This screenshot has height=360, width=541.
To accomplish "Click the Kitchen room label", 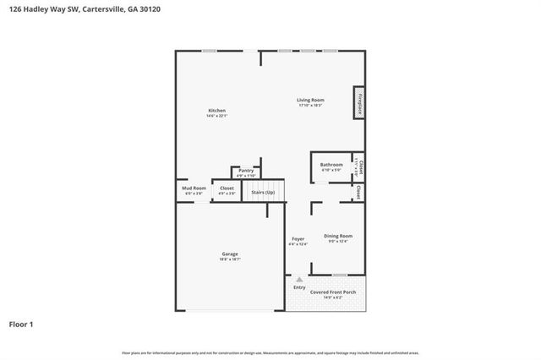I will (x=217, y=111).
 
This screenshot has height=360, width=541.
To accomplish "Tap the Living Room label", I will (x=311, y=100).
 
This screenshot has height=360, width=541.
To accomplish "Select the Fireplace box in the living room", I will (x=358, y=102).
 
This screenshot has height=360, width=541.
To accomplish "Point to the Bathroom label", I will (x=331, y=164).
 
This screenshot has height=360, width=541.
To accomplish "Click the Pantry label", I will (x=246, y=171).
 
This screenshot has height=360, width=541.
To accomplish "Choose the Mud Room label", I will (x=194, y=188).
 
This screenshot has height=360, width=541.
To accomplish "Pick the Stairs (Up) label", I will (x=263, y=193).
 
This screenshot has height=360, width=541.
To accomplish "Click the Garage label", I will (x=230, y=254).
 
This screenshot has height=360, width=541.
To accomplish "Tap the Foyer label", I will (x=298, y=239).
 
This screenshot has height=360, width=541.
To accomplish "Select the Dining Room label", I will (x=338, y=236).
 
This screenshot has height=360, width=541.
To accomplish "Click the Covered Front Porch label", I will (x=333, y=292).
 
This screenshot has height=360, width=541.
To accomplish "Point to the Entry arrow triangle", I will (x=298, y=278).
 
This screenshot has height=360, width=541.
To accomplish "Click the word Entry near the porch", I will (x=299, y=287).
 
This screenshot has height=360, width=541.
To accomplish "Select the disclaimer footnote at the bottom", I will (x=270, y=352).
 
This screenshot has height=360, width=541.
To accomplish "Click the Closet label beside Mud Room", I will (x=227, y=188).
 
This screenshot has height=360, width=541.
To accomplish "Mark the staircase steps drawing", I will (x=267, y=185).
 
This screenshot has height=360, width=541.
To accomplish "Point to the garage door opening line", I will (x=230, y=310).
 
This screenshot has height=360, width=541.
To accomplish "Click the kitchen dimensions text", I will (x=217, y=116).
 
